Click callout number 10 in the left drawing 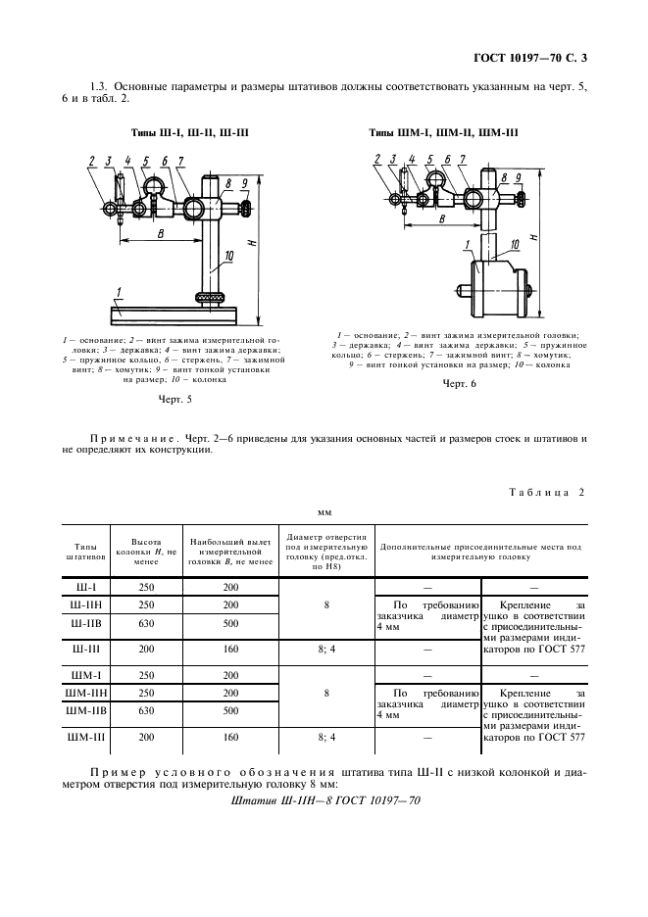(229, 256)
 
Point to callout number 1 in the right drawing (470, 239)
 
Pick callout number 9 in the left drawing (242, 183)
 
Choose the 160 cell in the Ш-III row (230, 649)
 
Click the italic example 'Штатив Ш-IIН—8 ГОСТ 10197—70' (324, 800)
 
